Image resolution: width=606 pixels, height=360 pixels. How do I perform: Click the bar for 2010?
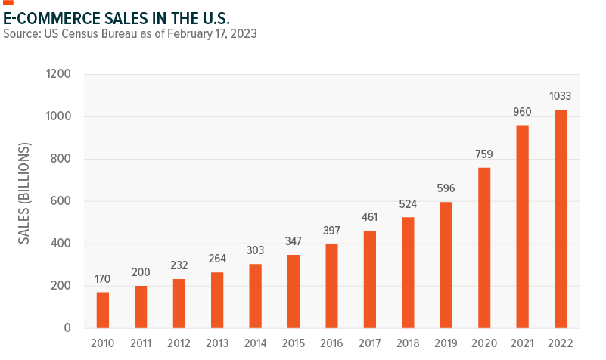103,310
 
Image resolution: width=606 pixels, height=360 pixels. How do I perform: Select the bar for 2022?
560,219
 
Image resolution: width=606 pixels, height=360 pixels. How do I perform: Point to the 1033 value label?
560,96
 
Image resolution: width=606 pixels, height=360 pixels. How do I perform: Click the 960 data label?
522,112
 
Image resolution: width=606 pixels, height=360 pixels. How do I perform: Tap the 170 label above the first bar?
103,279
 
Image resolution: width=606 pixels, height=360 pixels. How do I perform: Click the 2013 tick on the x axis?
217,343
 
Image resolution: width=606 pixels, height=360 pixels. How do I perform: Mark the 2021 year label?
522,343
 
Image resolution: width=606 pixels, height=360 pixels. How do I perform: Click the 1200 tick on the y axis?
57,75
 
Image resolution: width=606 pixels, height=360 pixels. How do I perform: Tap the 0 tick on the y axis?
68,328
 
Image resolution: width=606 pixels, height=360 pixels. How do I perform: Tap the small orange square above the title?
8,3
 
